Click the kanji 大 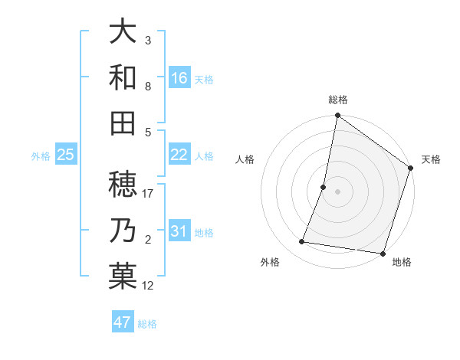point(123,32)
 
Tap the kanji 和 point(123,77)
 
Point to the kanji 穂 point(123,185)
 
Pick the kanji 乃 point(123,231)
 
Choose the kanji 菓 point(123,276)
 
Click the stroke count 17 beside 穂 point(149,194)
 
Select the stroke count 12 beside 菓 point(149,286)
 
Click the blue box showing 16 point(179,77)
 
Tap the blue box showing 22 point(179,155)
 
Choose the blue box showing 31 point(179,231)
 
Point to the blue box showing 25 point(66,155)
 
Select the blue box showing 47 point(123,322)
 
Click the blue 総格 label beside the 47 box point(147,324)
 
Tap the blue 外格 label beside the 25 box point(41,156)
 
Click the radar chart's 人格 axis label point(245,159)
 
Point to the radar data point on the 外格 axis point(302,242)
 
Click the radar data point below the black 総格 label point(337,116)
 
